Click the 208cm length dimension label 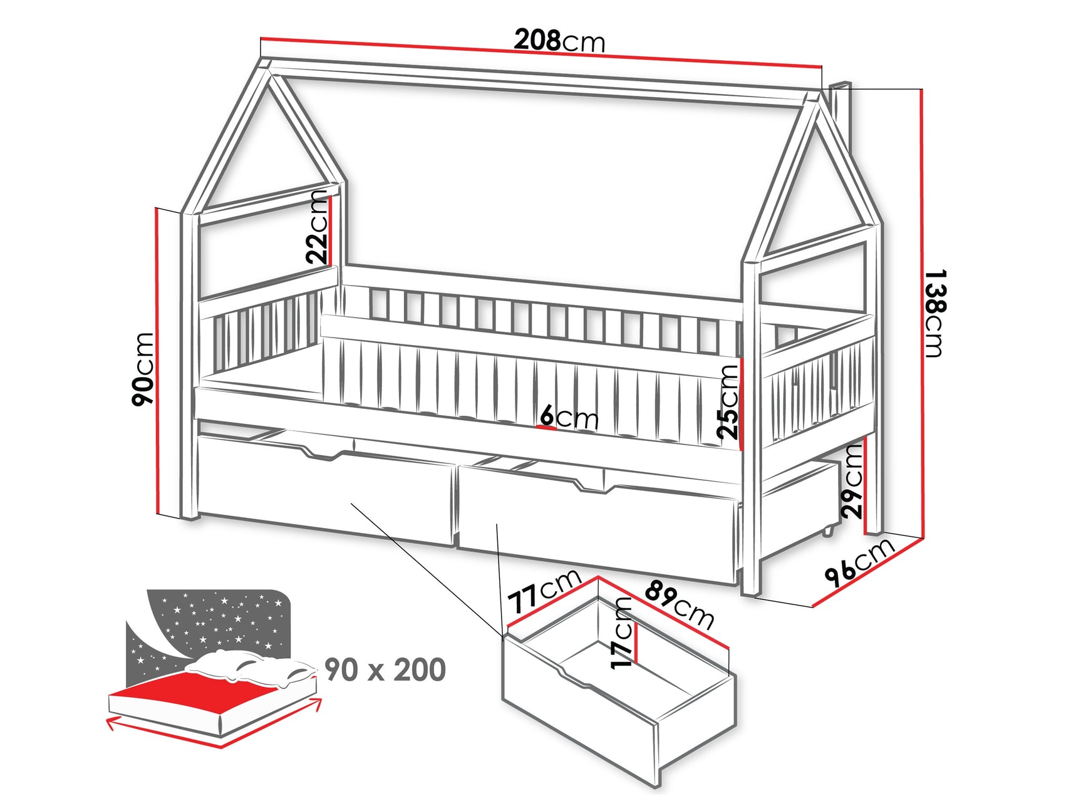pos(559,41)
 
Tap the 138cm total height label pos(934,313)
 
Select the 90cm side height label pos(143,369)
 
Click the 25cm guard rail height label pos(728,401)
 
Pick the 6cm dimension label pos(569,417)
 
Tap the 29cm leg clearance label pos(852,481)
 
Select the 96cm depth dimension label pos(860,561)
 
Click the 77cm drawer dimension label pos(544,591)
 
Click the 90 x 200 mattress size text pos(385,669)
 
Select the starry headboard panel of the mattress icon pos(213,620)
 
